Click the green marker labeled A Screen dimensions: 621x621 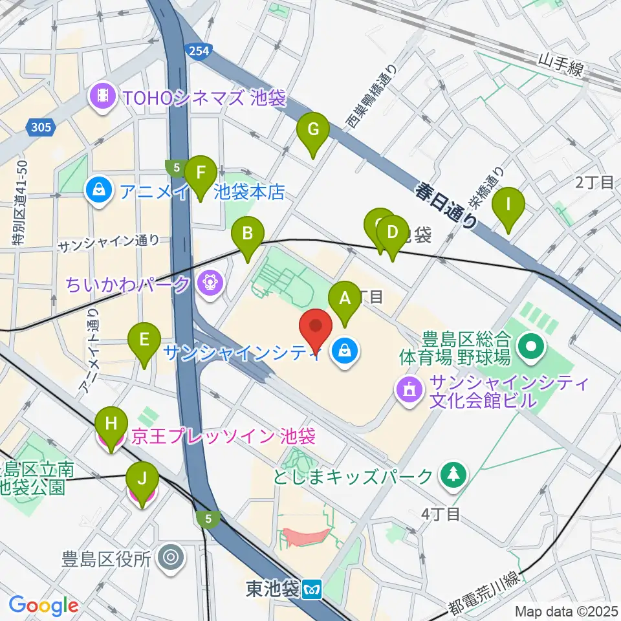(x=344, y=300)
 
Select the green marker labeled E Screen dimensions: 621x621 (x=144, y=340)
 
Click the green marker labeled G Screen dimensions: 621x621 (x=312, y=130)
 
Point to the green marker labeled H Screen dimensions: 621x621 (x=111, y=426)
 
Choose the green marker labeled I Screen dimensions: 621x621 (x=508, y=206)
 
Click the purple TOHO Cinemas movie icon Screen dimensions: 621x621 (x=102, y=98)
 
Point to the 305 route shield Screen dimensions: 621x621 (x=40, y=127)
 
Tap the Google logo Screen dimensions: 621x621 (x=43, y=605)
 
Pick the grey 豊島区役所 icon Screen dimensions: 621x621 (x=171, y=556)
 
